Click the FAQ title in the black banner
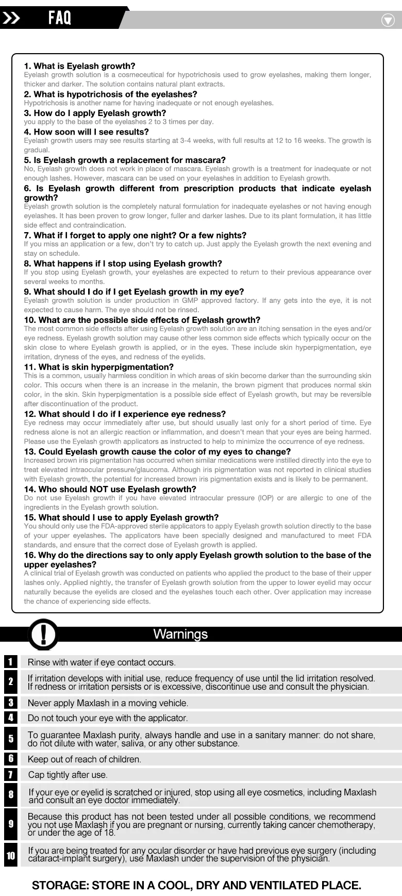[60, 18]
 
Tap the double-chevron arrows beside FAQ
[11, 19]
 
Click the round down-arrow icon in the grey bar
[388, 20]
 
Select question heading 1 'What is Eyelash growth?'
[79, 66]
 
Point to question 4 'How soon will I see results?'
[86, 132]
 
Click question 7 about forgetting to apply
[135, 235]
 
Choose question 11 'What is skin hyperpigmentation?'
[98, 367]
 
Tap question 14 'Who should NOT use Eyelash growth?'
[110, 489]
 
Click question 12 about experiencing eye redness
[125, 414]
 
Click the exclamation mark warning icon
[43, 633]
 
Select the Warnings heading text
[180, 634]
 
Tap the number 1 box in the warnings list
[10, 662]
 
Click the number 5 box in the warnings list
[10, 739]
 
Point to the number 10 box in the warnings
[10, 856]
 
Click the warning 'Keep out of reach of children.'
[84, 759]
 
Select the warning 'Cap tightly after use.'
[68, 775]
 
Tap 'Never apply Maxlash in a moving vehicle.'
[108, 703]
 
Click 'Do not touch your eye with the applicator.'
[107, 718]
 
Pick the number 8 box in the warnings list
[10, 795]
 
